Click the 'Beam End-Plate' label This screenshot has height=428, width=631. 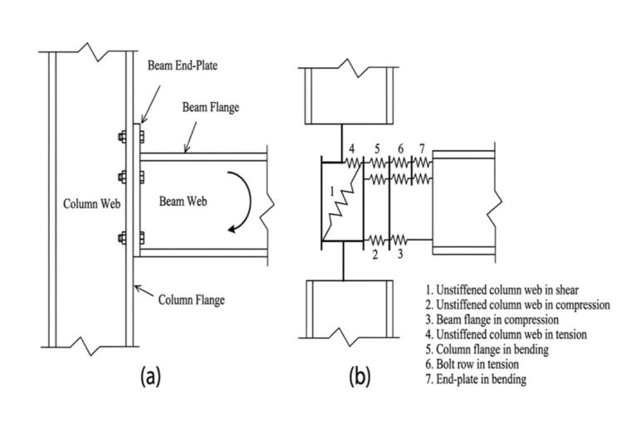pos(183,66)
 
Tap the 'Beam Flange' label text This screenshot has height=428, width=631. pos(210,107)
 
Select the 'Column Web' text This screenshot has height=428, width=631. pos(92,204)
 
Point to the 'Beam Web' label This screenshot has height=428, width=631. pos(183,201)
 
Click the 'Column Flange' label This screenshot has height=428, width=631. pos(191,299)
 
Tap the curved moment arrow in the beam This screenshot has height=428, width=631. pos(248,201)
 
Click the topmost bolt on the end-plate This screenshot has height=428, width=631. pos(131,137)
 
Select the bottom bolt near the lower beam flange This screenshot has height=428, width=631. pos(131,238)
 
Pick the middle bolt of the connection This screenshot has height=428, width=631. pos(131,177)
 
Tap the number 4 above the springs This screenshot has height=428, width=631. pos(352,149)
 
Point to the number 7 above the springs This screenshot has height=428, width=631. pos(422,149)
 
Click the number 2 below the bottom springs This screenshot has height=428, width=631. pos(375,255)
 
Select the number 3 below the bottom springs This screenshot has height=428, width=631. pos(399,254)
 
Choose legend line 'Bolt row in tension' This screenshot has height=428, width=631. pos(472,364)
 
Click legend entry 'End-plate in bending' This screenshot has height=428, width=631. pos(476,379)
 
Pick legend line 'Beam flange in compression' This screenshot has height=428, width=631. pos(492,319)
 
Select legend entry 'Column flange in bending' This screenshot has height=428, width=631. pos(487,349)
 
